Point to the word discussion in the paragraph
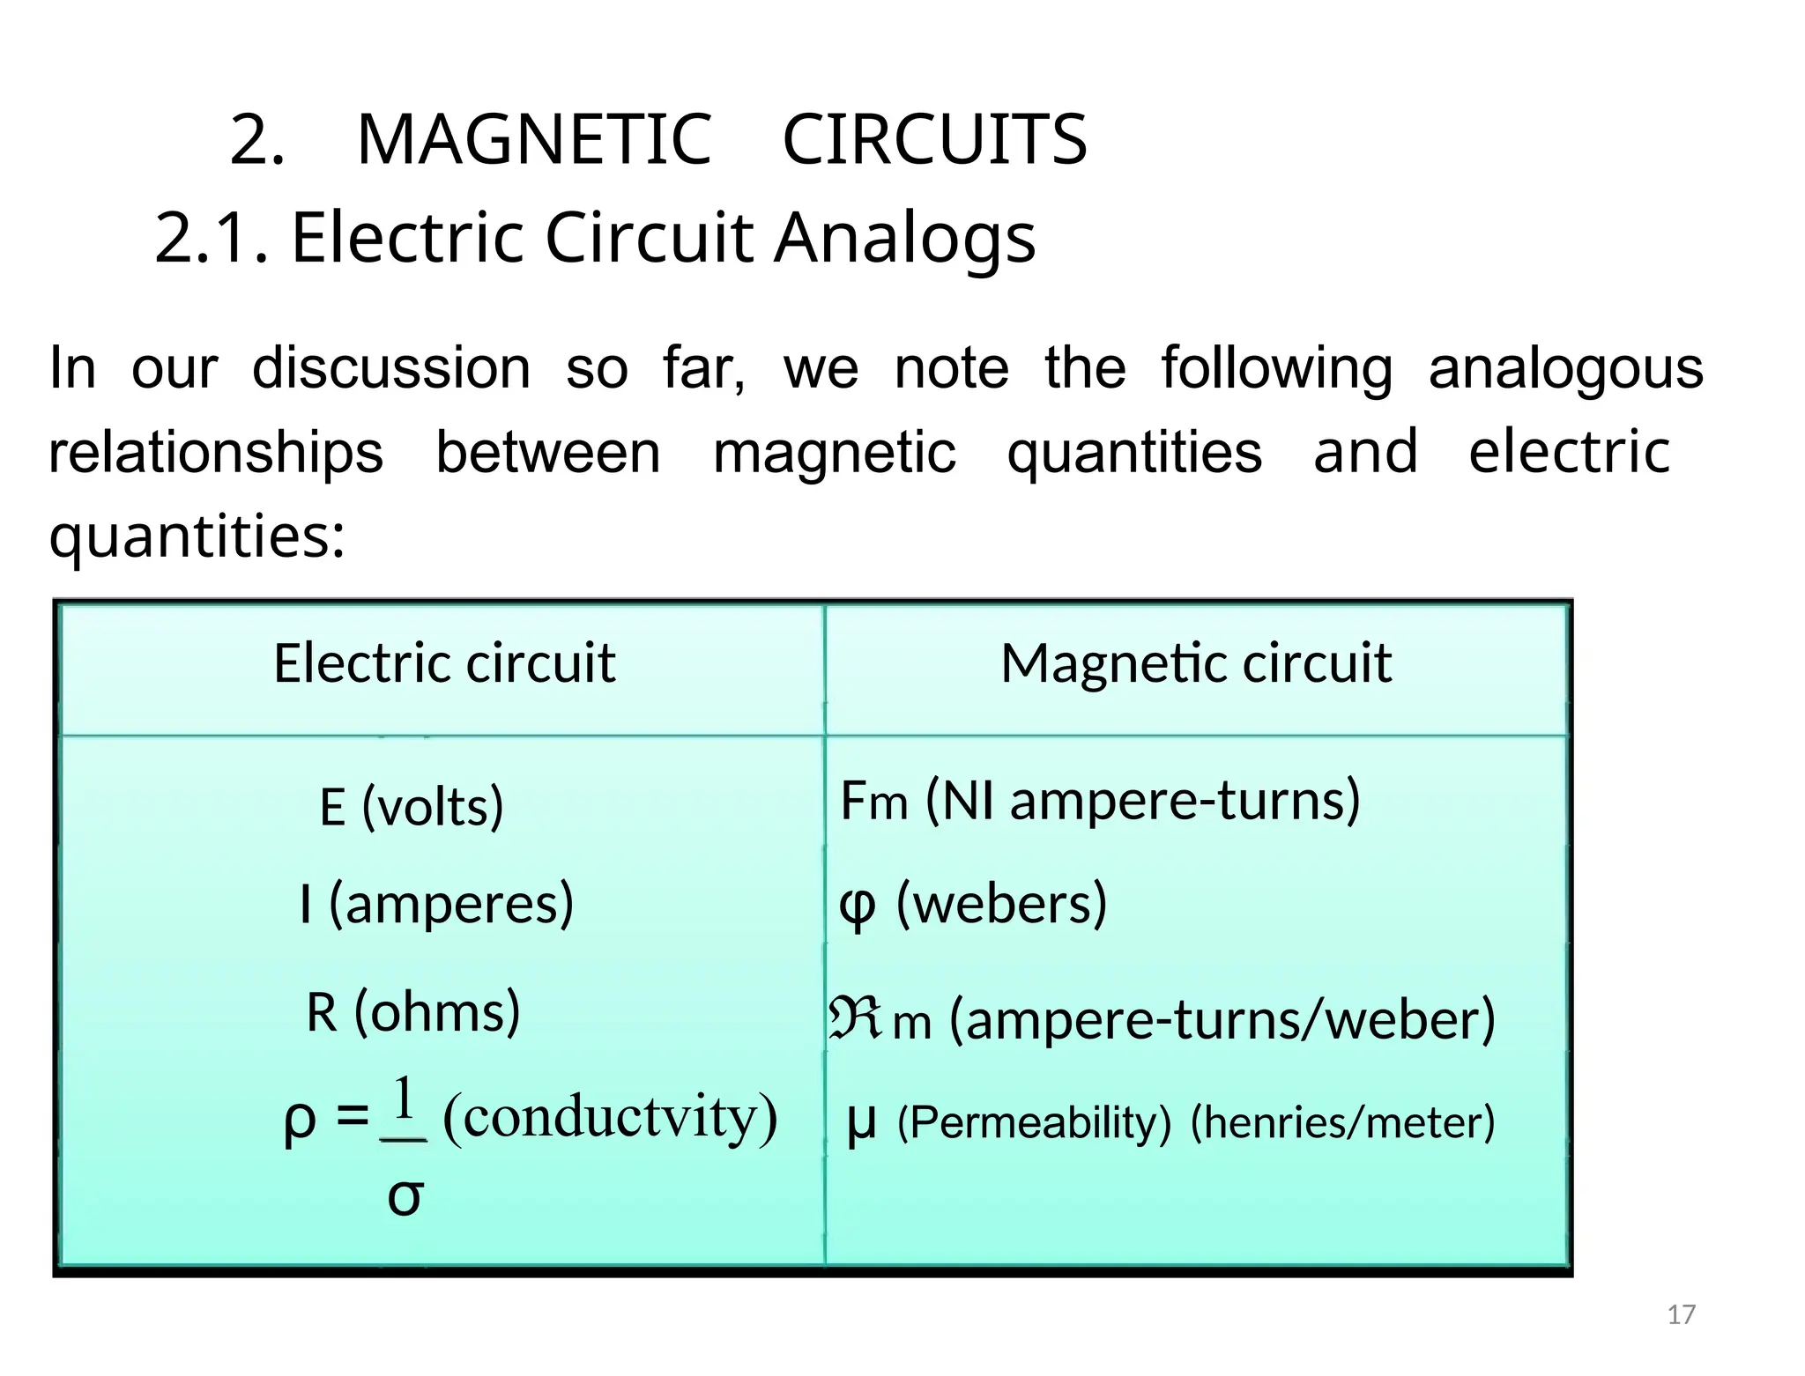pos(391,367)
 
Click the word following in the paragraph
pos(1276,369)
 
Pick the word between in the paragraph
pos(547,452)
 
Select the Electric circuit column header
pos(443,662)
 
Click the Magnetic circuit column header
pos(1195,662)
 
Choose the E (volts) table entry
pos(412,805)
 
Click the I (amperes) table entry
pos(436,904)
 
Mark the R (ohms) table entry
pos(412,1011)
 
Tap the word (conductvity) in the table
pos(610,1117)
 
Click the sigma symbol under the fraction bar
pos(405,1196)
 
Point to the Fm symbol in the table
pos(873,801)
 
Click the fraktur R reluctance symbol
pos(854,1017)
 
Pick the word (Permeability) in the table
pos(1033,1122)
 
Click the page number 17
pos(1681,1314)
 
